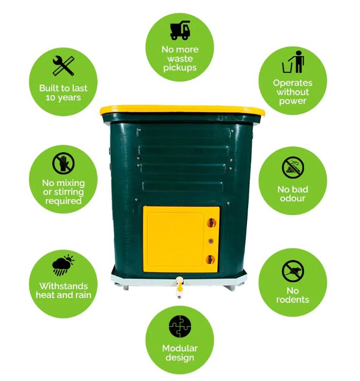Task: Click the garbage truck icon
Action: point(180,30)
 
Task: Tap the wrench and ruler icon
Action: point(63,66)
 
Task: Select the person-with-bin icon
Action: point(293,62)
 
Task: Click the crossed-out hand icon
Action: point(63,163)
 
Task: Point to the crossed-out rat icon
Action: point(293,271)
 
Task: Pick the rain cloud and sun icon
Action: point(63,265)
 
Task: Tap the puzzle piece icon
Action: point(180,327)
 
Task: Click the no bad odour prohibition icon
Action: point(293,168)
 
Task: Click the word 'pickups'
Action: point(180,68)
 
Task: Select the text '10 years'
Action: point(63,98)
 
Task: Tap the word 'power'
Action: point(293,101)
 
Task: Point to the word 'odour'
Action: point(293,198)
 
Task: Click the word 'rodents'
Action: point(293,300)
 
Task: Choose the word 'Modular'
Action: point(180,348)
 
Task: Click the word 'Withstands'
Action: point(63,286)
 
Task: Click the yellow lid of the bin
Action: point(182,110)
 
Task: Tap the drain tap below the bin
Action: point(179,287)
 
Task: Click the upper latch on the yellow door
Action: point(211,222)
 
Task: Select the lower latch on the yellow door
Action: point(211,259)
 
